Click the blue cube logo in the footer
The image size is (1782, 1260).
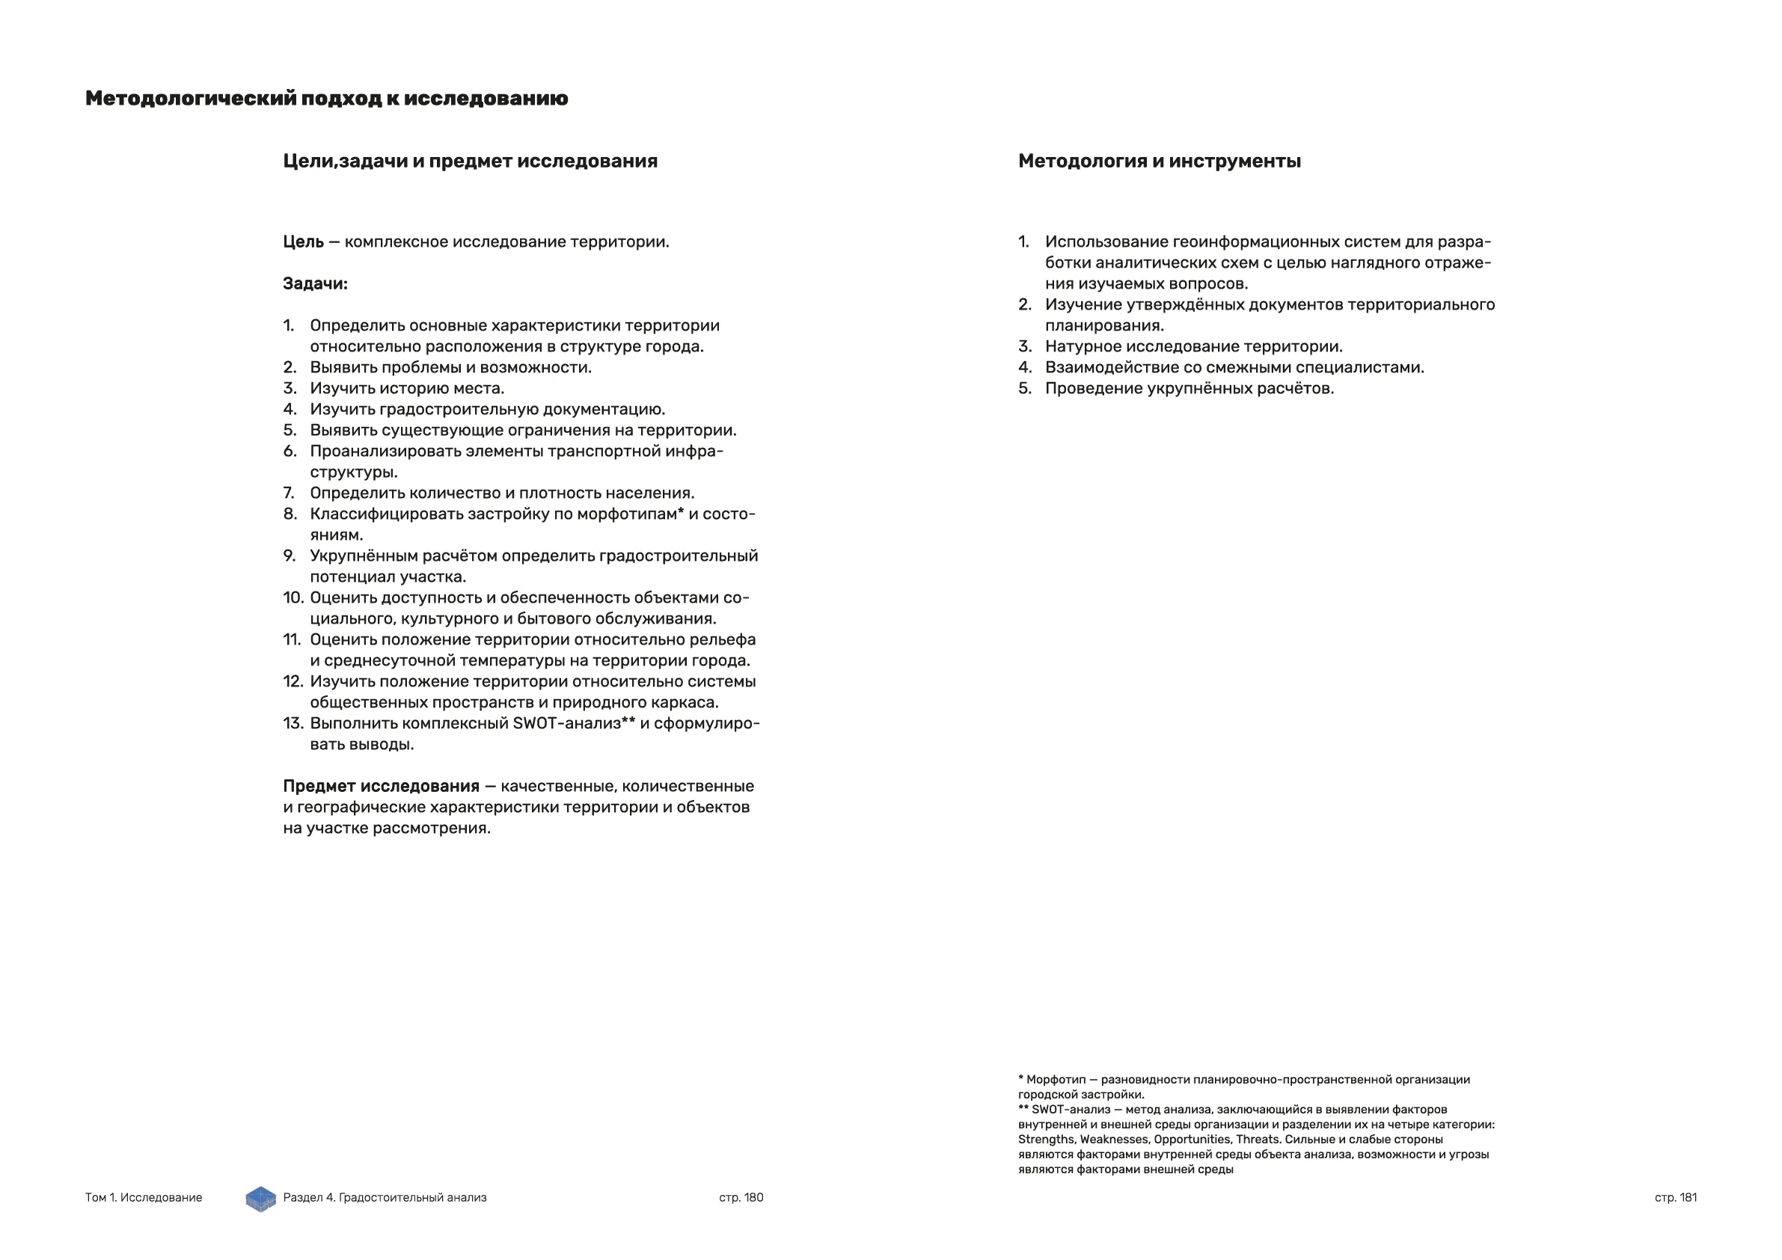261,1199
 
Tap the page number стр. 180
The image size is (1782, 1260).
741,1197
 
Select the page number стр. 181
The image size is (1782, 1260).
1675,1197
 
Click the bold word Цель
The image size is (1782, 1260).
304,242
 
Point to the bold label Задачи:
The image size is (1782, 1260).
315,284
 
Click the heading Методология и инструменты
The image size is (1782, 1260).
1159,162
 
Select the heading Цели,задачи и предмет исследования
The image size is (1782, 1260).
470,162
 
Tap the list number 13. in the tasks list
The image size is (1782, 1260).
293,724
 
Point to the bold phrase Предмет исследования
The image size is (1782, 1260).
381,787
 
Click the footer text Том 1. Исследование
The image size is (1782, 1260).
144,1197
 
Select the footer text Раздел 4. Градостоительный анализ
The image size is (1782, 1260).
385,1197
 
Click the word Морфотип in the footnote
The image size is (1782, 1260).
1056,1080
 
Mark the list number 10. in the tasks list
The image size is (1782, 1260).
293,598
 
